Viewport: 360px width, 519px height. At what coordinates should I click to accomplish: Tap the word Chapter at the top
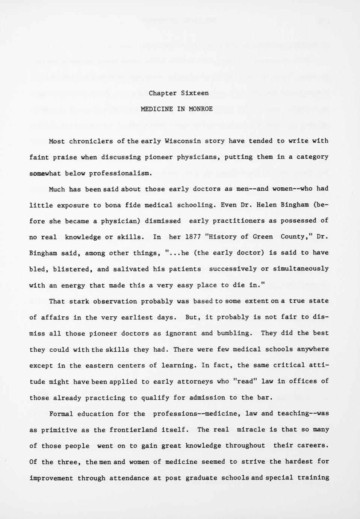tap(163, 93)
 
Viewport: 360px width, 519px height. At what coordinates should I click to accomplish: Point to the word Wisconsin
tap(183, 141)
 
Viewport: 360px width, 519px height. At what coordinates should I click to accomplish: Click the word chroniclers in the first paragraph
tap(91, 141)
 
